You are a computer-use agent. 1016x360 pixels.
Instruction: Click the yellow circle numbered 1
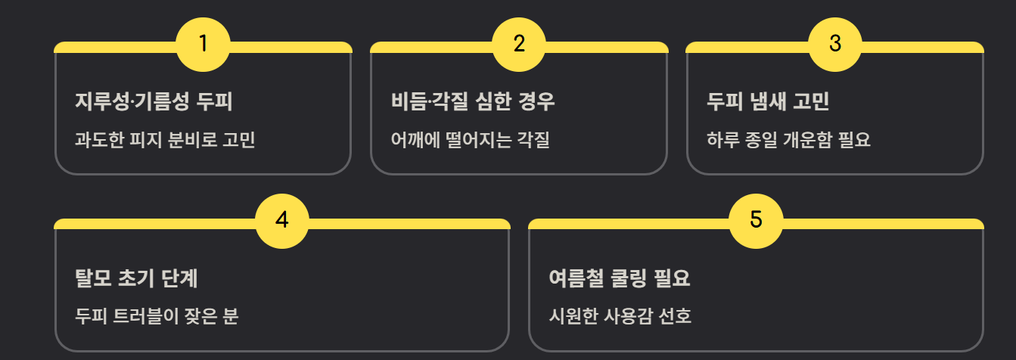[x=203, y=44]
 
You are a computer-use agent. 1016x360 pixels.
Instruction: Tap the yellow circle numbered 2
[x=519, y=44]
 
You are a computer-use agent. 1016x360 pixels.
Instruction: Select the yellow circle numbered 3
[x=835, y=44]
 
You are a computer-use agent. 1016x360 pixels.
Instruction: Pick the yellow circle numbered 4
[x=282, y=221]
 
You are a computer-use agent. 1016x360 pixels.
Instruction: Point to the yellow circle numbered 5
[x=756, y=221]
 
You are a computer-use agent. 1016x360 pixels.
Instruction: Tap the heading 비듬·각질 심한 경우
[x=473, y=101]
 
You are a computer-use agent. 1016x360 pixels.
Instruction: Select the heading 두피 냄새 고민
[x=768, y=101]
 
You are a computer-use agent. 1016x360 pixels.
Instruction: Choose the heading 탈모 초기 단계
[x=137, y=278]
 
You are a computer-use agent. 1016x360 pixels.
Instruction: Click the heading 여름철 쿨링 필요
[x=620, y=278]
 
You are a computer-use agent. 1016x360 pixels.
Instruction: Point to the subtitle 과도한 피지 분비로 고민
[x=165, y=140]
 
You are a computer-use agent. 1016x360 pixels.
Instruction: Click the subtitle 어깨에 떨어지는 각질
[x=470, y=140]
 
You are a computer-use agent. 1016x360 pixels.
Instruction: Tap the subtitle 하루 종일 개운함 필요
[x=788, y=140]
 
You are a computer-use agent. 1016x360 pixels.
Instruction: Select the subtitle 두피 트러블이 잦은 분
[x=157, y=316]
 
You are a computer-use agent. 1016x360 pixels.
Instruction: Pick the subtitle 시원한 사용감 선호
[x=620, y=316]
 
